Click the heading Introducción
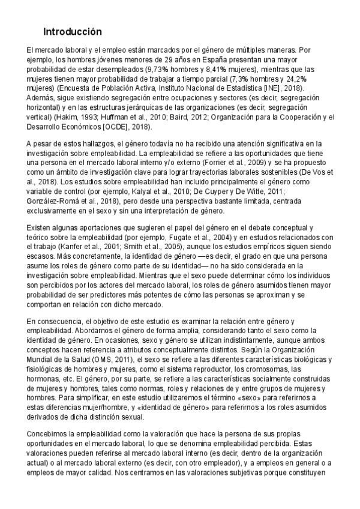coord(71,32)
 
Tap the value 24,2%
coord(313,78)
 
